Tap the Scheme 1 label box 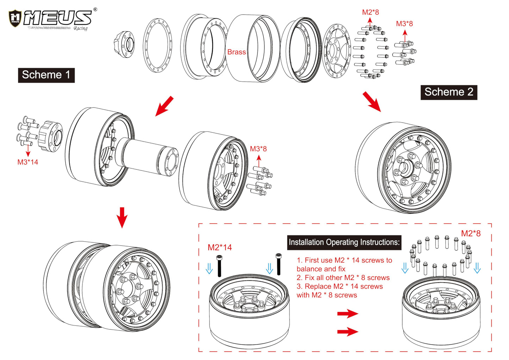[46, 75]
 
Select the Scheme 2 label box [449, 92]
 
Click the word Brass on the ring [236, 52]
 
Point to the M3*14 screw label [28, 162]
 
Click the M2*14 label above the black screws [220, 247]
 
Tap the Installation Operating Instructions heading [344, 242]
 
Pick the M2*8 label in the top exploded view [371, 12]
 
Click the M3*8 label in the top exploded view [404, 24]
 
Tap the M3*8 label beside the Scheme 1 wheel [258, 149]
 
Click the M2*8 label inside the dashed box [471, 233]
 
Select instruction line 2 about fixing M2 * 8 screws [343, 278]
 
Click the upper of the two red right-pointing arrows [348, 313]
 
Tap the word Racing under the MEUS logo [80, 29]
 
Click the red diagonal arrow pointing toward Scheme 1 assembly [164, 106]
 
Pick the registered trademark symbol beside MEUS [95, 10]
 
